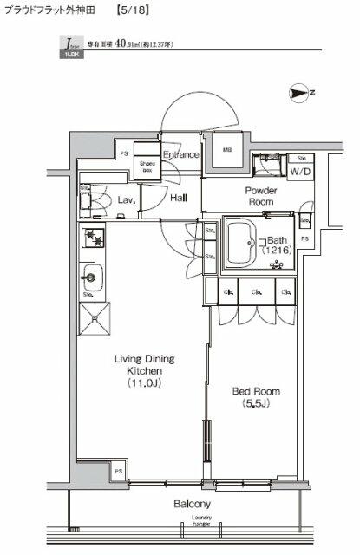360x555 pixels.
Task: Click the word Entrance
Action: click(x=181, y=155)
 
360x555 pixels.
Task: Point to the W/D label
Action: click(x=301, y=171)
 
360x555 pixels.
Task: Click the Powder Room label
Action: click(x=260, y=196)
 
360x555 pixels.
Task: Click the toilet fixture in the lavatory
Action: click(x=89, y=202)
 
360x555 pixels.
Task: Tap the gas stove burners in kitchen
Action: click(x=92, y=239)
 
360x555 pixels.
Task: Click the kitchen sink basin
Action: click(x=90, y=279)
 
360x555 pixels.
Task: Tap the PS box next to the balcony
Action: click(x=117, y=471)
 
